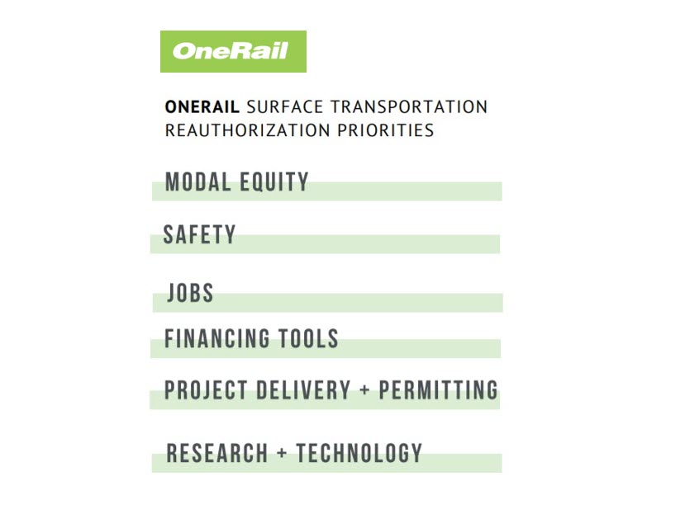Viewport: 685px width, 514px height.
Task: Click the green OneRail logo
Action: pos(233,51)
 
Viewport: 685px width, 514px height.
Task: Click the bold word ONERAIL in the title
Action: pos(202,107)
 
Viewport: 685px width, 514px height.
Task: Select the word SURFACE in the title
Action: pos(285,107)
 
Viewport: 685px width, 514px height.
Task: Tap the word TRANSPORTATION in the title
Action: pos(409,107)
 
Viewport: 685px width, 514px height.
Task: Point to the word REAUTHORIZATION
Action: pos(248,130)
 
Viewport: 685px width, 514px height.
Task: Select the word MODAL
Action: pos(198,182)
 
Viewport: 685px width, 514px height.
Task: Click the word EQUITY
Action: pos(274,183)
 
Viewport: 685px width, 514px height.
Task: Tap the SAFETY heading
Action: pos(199,235)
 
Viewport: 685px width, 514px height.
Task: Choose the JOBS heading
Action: pos(191,292)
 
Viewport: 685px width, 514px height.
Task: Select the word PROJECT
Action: pos(206,390)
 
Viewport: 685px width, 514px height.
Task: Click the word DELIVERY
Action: pos(303,390)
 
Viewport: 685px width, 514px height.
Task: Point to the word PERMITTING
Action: pos(438,390)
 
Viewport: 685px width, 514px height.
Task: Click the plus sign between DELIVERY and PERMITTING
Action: pos(364,389)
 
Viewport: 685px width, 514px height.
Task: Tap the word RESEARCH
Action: pos(217,453)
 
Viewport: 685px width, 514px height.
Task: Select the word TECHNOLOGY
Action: pos(359,453)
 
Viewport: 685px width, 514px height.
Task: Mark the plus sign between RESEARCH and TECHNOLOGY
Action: pos(283,452)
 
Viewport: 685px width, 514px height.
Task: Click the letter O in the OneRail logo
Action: pos(183,50)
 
